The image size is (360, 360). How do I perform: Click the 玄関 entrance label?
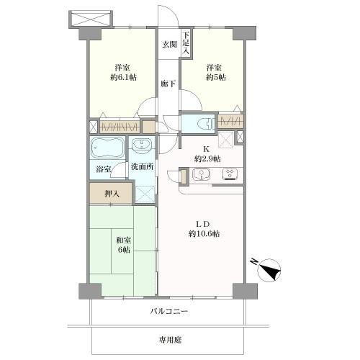click(x=169, y=45)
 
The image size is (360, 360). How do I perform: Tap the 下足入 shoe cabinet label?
click(x=185, y=44)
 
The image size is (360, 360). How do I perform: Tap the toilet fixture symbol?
click(x=201, y=123)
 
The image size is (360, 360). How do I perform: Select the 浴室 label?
click(x=104, y=169)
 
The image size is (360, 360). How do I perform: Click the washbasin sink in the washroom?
click(x=142, y=148)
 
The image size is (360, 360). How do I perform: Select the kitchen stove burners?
click(x=232, y=174)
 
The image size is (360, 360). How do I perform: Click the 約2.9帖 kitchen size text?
click(x=207, y=158)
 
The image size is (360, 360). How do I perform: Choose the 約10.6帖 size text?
click(x=205, y=235)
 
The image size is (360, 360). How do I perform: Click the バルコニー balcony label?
click(x=169, y=311)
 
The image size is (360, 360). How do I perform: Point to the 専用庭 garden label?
click(x=169, y=338)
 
